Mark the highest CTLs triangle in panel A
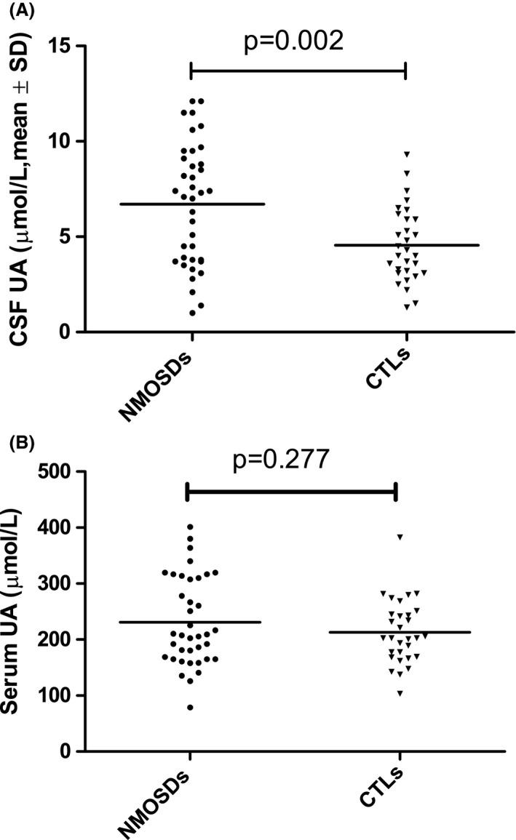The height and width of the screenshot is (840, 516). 408,154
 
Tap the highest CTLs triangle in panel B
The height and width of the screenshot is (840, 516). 399,537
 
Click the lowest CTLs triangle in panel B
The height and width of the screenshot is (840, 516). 400,693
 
